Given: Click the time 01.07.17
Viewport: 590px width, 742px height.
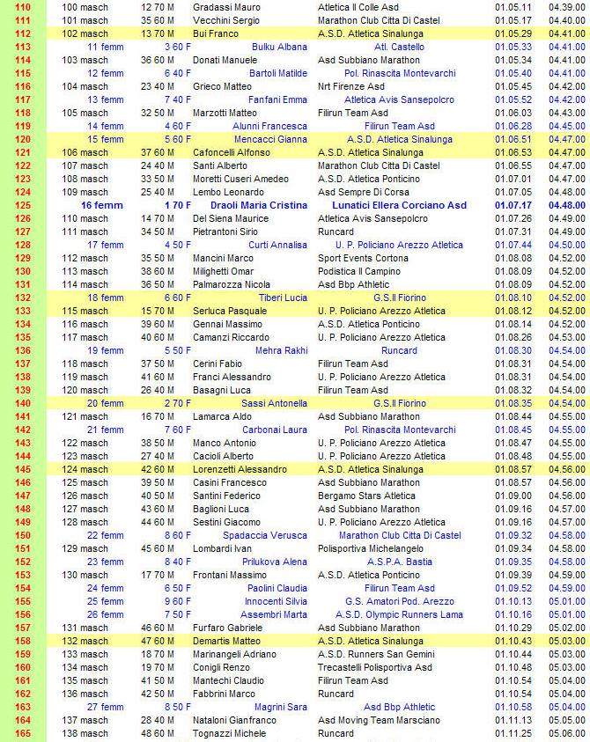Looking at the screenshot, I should (513, 205).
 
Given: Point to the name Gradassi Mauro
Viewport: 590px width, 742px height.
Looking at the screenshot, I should (226, 7).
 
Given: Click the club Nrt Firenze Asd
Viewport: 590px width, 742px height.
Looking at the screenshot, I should (352, 86).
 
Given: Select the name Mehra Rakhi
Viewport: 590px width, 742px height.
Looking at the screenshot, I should (281, 350).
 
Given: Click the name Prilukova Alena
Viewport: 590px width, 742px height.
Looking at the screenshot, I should (275, 562).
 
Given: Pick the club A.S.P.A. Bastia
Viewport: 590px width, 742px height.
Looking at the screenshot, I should (399, 562).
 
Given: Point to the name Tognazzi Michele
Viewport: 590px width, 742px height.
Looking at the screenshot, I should (232, 733).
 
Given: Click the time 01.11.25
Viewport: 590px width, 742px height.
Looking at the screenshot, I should (513, 733).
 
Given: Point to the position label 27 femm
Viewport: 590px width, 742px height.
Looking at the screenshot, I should (106, 707).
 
